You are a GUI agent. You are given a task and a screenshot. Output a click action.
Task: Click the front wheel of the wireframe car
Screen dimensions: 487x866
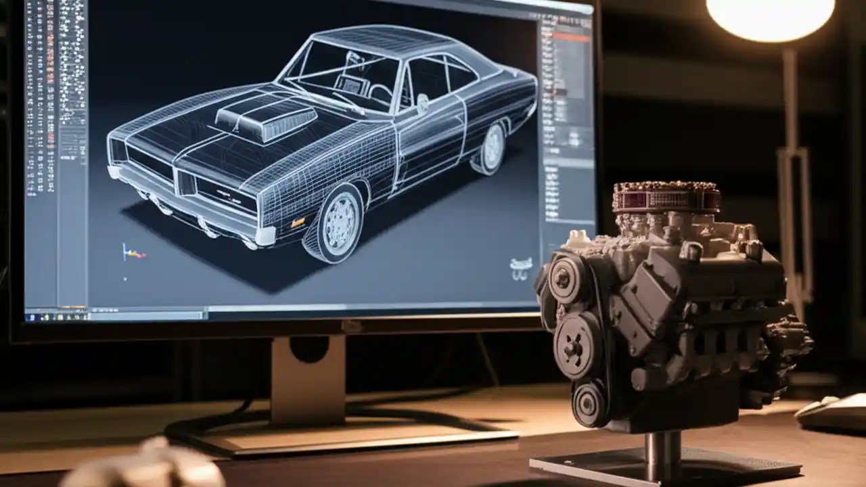click(334, 223)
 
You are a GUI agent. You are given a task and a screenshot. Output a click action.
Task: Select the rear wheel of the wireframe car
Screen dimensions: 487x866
click(493, 147)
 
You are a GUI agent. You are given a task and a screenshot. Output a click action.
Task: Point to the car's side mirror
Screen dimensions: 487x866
click(422, 103)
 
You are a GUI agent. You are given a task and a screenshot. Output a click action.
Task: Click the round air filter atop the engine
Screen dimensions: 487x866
click(666, 197)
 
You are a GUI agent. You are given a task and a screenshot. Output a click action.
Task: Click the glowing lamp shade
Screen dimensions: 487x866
click(769, 17)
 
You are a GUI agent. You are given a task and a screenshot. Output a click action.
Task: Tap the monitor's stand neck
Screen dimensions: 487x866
click(308, 379)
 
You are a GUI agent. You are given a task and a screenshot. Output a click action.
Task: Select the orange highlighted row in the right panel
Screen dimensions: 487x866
click(571, 38)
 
